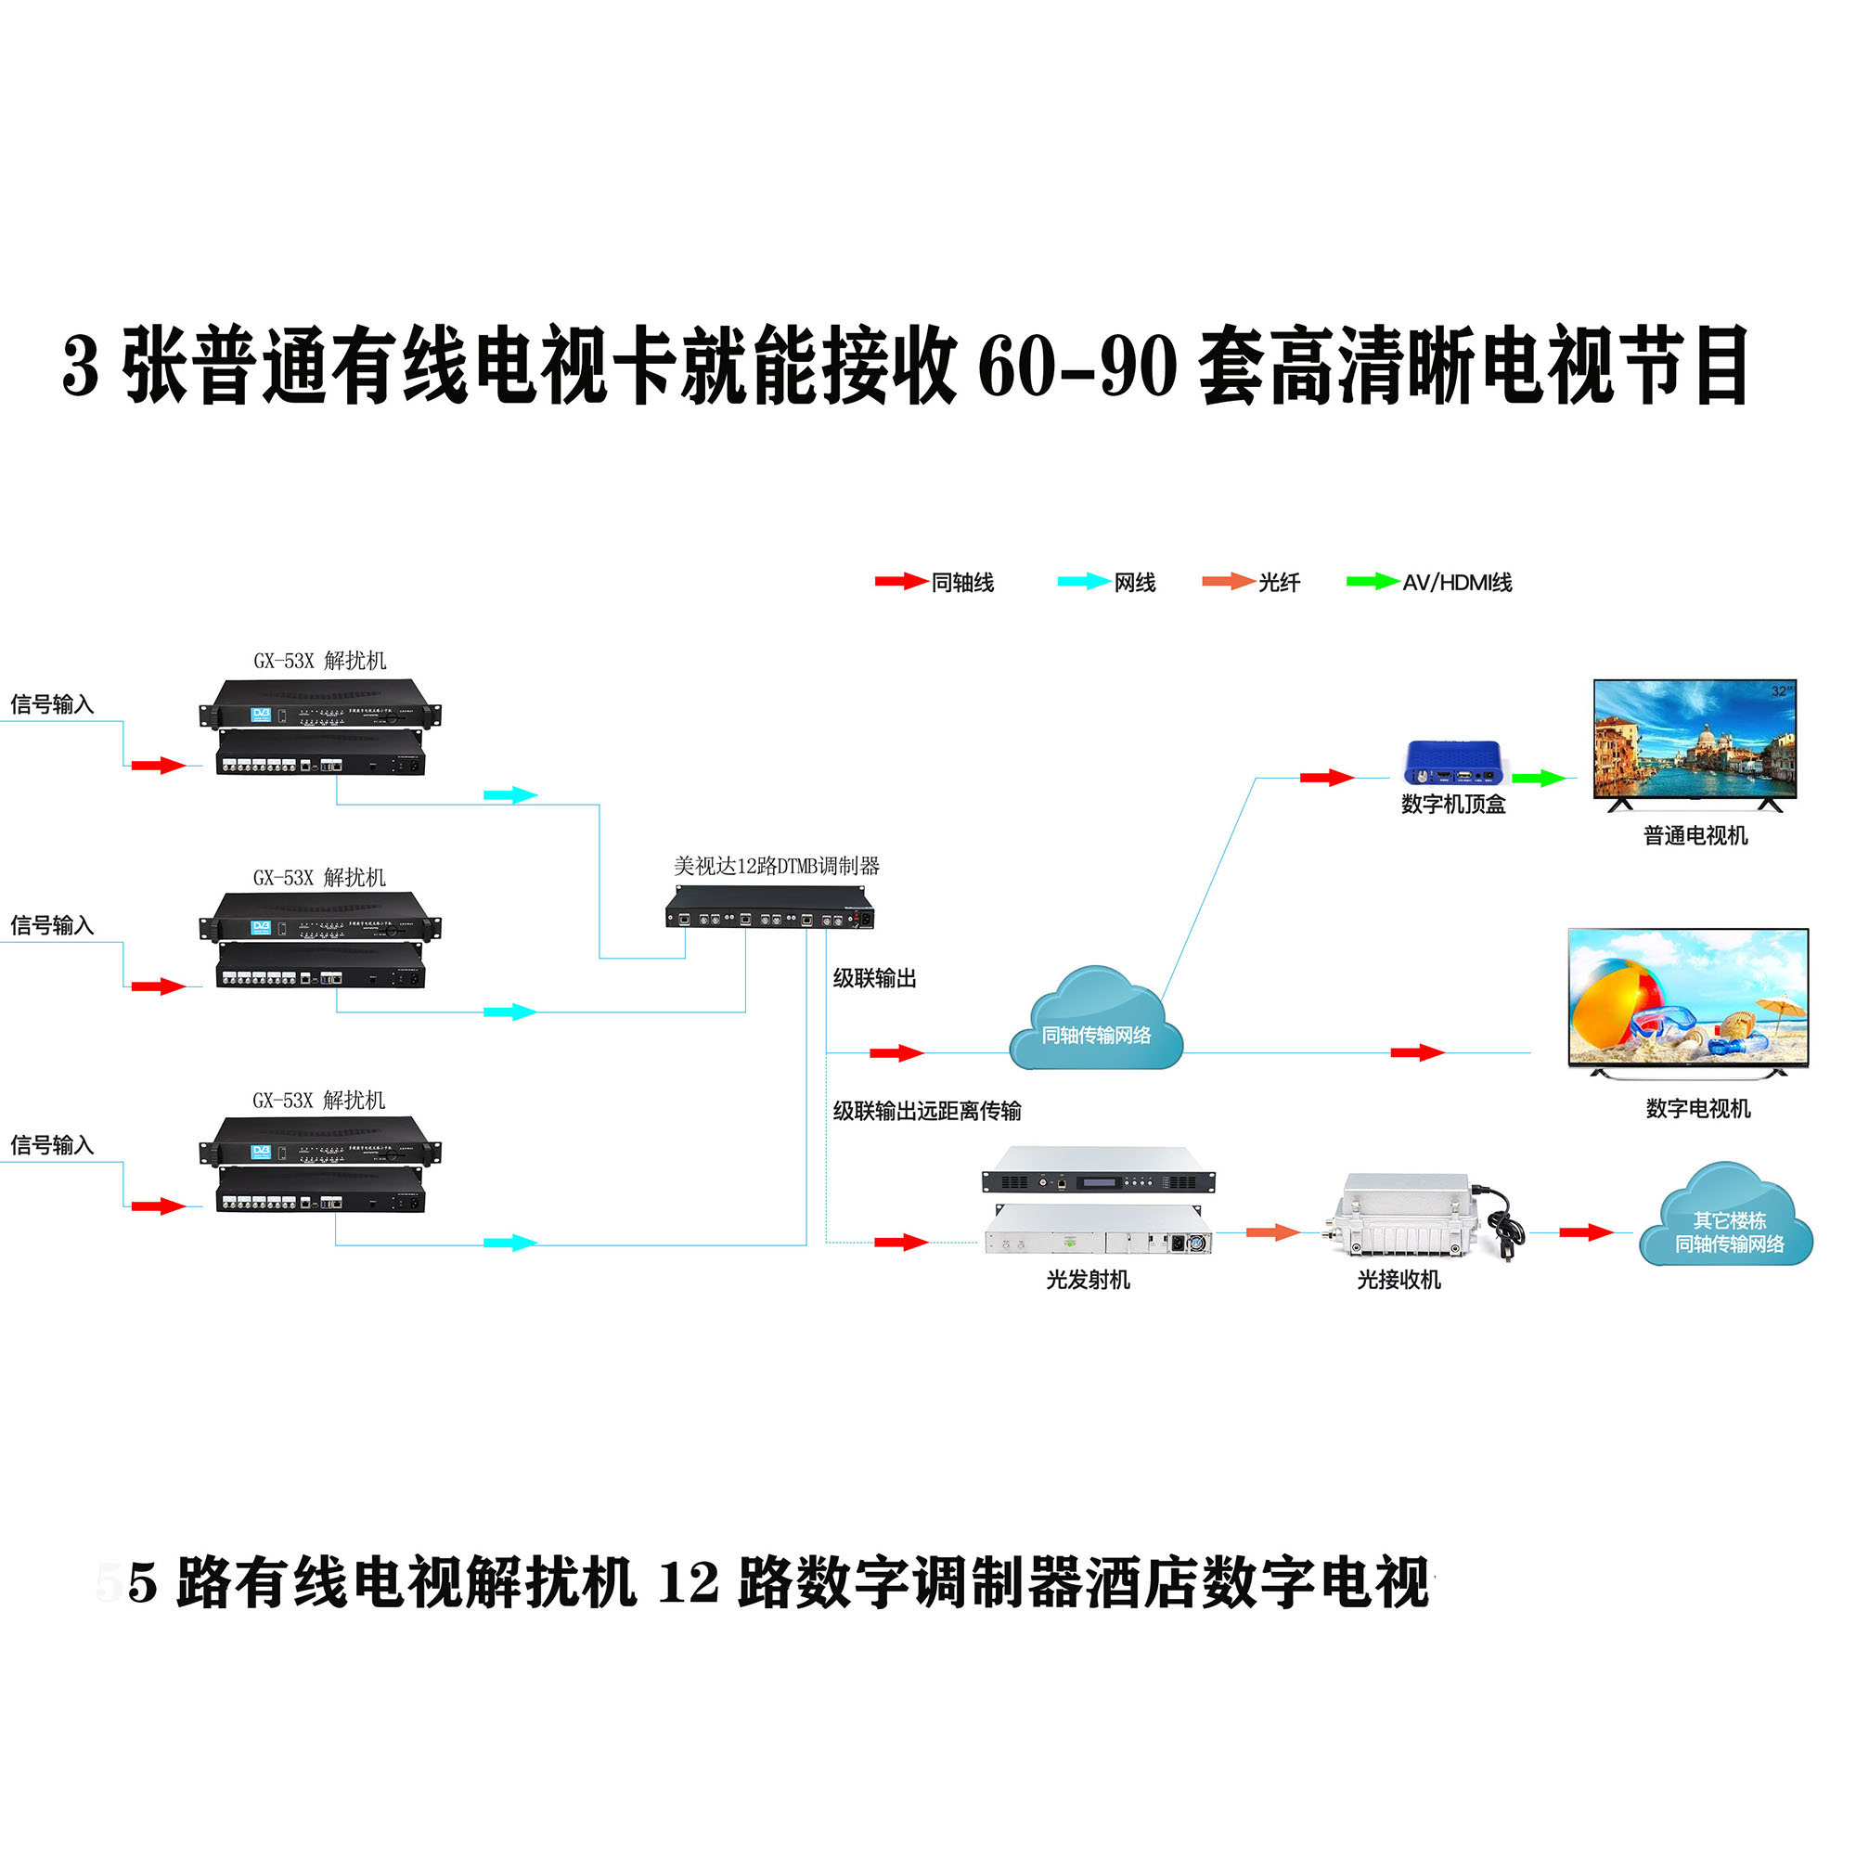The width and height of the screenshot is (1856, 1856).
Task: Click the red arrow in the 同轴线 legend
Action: click(900, 581)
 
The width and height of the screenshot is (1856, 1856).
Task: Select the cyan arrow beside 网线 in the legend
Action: click(1083, 581)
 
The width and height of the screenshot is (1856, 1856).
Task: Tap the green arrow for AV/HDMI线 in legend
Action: click(1372, 581)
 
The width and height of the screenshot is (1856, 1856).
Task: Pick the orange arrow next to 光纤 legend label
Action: click(1228, 581)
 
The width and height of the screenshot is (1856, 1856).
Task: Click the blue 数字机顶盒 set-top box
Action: click(1452, 763)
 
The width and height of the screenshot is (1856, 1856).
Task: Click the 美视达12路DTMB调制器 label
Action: click(776, 866)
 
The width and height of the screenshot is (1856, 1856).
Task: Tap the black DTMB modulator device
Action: click(769, 908)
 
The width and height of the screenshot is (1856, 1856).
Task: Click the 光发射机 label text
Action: click(1088, 1280)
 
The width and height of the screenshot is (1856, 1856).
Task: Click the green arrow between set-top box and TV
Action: click(1539, 779)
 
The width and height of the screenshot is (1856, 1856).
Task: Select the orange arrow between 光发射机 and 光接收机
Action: click(1272, 1232)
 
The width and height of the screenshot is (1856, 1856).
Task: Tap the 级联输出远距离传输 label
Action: click(926, 1112)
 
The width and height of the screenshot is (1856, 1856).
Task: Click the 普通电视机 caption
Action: click(1695, 836)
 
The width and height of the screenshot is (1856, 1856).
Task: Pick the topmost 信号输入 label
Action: click(52, 704)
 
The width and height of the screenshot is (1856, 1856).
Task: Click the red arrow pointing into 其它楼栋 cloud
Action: click(1586, 1232)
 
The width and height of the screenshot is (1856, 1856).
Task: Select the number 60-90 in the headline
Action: click(1076, 367)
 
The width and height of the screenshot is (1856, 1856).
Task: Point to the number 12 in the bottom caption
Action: click(688, 1583)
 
